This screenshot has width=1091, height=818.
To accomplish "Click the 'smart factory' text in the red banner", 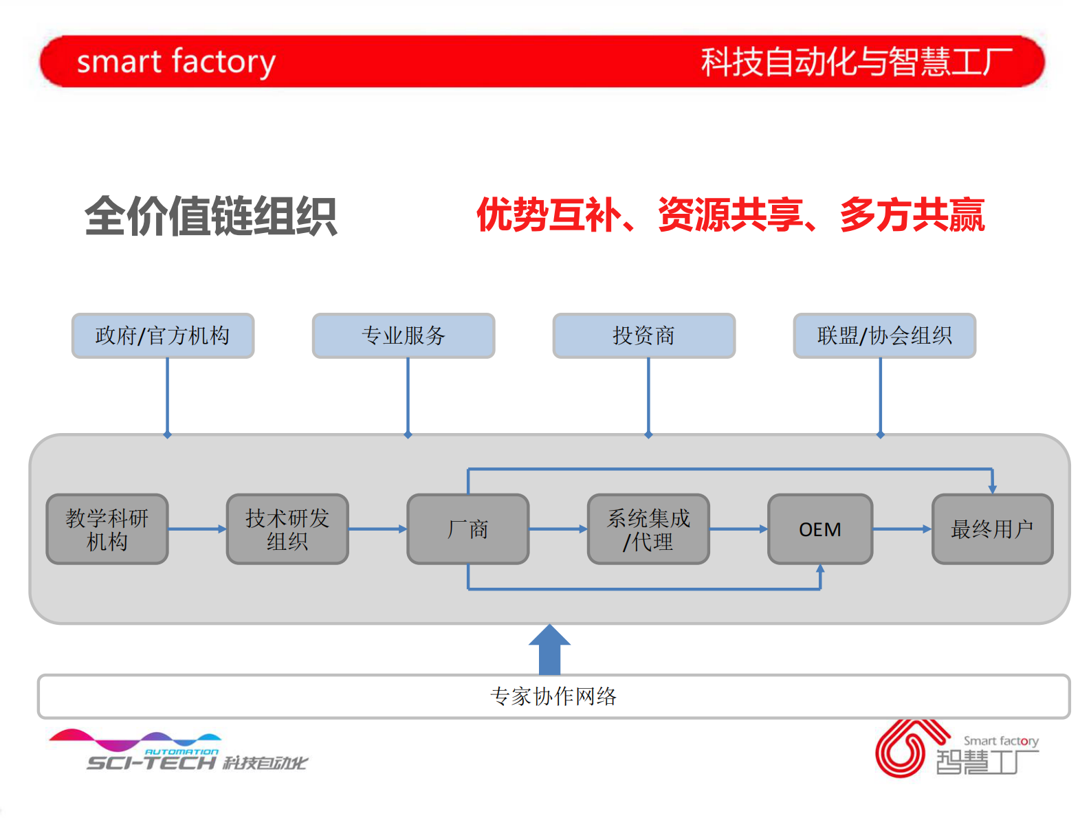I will click(176, 62).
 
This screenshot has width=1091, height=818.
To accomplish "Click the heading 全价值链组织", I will click(210, 217).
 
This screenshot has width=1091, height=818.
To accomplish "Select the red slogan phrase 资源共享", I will click(730, 215).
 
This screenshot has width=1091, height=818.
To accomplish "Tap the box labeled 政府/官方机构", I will click(163, 335).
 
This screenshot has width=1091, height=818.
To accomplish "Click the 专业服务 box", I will click(404, 335).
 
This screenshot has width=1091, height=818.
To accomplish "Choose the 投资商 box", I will click(644, 335).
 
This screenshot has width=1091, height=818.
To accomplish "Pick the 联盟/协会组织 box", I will click(885, 335).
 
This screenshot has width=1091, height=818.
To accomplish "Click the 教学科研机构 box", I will click(107, 529).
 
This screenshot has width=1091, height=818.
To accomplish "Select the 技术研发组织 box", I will click(287, 529).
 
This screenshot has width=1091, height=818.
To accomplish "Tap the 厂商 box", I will click(467, 529).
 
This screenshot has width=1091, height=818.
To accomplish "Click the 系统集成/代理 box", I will click(648, 529).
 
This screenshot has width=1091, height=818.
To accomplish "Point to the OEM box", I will click(820, 529).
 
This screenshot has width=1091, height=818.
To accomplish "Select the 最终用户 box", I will click(992, 529).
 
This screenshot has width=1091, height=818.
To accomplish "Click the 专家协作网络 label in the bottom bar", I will click(553, 696).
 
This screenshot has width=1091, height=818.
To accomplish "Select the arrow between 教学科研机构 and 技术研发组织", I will click(197, 529).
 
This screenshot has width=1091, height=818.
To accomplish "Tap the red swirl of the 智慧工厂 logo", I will click(901, 749).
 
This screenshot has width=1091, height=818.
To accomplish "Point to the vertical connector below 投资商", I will click(648, 397).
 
